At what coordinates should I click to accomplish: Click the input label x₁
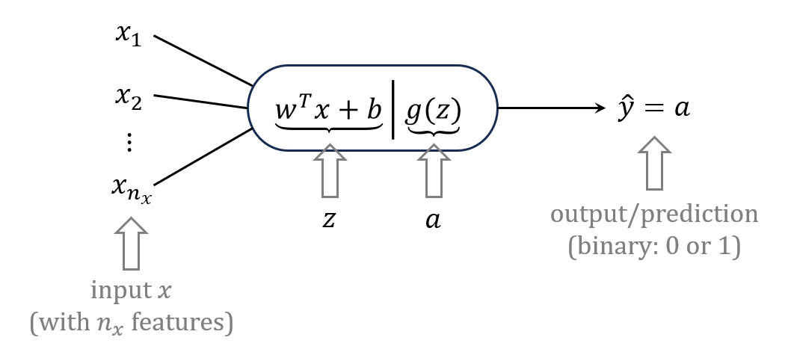[128, 36]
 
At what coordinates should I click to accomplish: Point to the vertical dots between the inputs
[128, 143]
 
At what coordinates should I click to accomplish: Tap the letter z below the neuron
[328, 221]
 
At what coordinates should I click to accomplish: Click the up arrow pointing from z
[328, 170]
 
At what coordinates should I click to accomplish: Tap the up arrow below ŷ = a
[654, 162]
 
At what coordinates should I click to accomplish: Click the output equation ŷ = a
[654, 108]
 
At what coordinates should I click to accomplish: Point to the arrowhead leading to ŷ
[598, 108]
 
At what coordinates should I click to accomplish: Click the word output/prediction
[654, 215]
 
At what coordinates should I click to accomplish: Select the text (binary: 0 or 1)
[654, 247]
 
